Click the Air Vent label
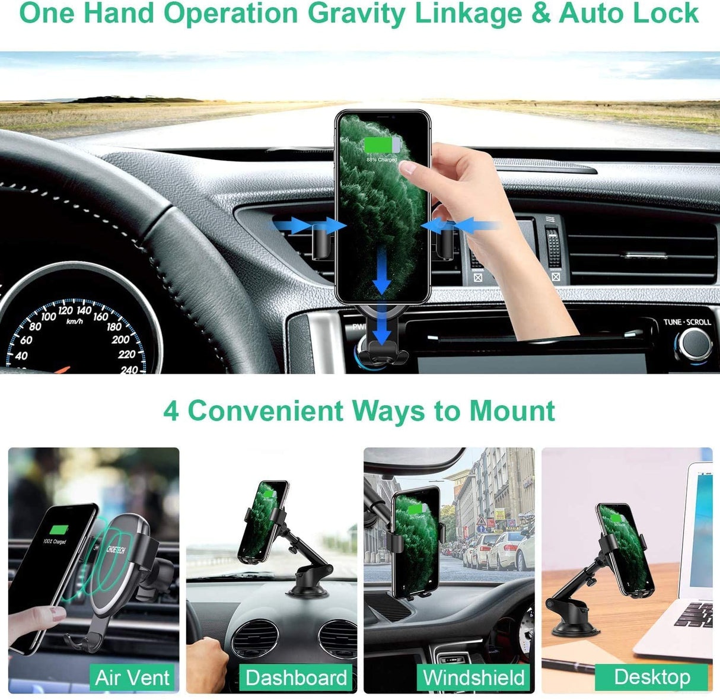pos(132,677)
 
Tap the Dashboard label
pos(296,677)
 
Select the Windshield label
pos(474,677)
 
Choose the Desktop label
pos(652,676)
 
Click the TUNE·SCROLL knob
pos(694,343)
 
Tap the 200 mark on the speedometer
pos(120,339)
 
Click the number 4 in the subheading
pos(171,411)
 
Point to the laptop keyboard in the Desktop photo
pos(695,615)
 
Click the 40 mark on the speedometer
pos(21,356)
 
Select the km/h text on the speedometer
pos(74,321)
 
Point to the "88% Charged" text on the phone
pos(381,160)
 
